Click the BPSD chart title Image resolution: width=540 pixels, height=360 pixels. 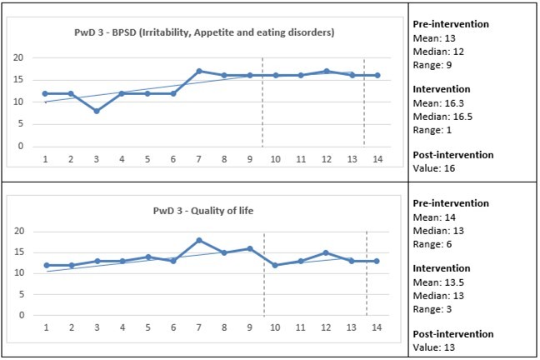click(x=203, y=33)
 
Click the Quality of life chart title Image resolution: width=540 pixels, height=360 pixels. click(x=204, y=211)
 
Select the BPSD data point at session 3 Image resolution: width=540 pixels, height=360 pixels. click(x=96, y=111)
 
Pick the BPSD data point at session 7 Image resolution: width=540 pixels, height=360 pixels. click(x=198, y=71)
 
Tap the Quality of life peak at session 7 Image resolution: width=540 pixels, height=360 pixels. click(x=198, y=240)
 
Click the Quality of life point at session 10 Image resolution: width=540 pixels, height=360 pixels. click(x=275, y=265)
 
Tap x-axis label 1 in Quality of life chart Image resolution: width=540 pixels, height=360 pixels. click(x=45, y=327)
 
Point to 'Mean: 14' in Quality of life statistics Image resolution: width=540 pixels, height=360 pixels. click(x=433, y=216)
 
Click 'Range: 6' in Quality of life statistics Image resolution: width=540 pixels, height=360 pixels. click(x=432, y=242)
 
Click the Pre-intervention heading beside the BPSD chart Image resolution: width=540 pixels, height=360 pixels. click(x=451, y=24)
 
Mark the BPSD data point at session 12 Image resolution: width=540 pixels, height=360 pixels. click(x=327, y=71)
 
